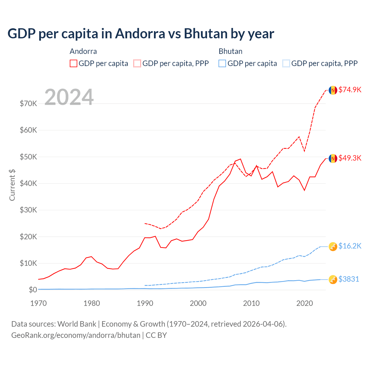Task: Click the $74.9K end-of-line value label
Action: coord(350,90)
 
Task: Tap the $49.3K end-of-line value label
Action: coord(350,158)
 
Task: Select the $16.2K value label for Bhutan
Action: coord(350,246)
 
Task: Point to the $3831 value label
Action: coord(349,279)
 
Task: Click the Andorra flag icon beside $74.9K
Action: coord(333,90)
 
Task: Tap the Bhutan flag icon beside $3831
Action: coord(333,279)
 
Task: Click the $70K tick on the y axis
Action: coord(28,103)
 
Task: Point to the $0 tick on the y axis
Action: coord(33,290)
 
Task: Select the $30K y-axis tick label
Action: coord(28,210)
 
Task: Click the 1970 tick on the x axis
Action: coord(38,303)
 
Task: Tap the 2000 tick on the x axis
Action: coord(198,303)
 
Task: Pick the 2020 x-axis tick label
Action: coord(304,303)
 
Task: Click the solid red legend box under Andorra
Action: coord(74,63)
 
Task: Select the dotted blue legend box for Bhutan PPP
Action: coord(286,63)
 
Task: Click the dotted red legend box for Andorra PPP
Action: coord(137,63)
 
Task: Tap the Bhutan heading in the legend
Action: coord(230,51)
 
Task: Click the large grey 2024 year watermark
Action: coord(69,97)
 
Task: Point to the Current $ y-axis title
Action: coord(12,185)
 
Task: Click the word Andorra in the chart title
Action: coord(140,34)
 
